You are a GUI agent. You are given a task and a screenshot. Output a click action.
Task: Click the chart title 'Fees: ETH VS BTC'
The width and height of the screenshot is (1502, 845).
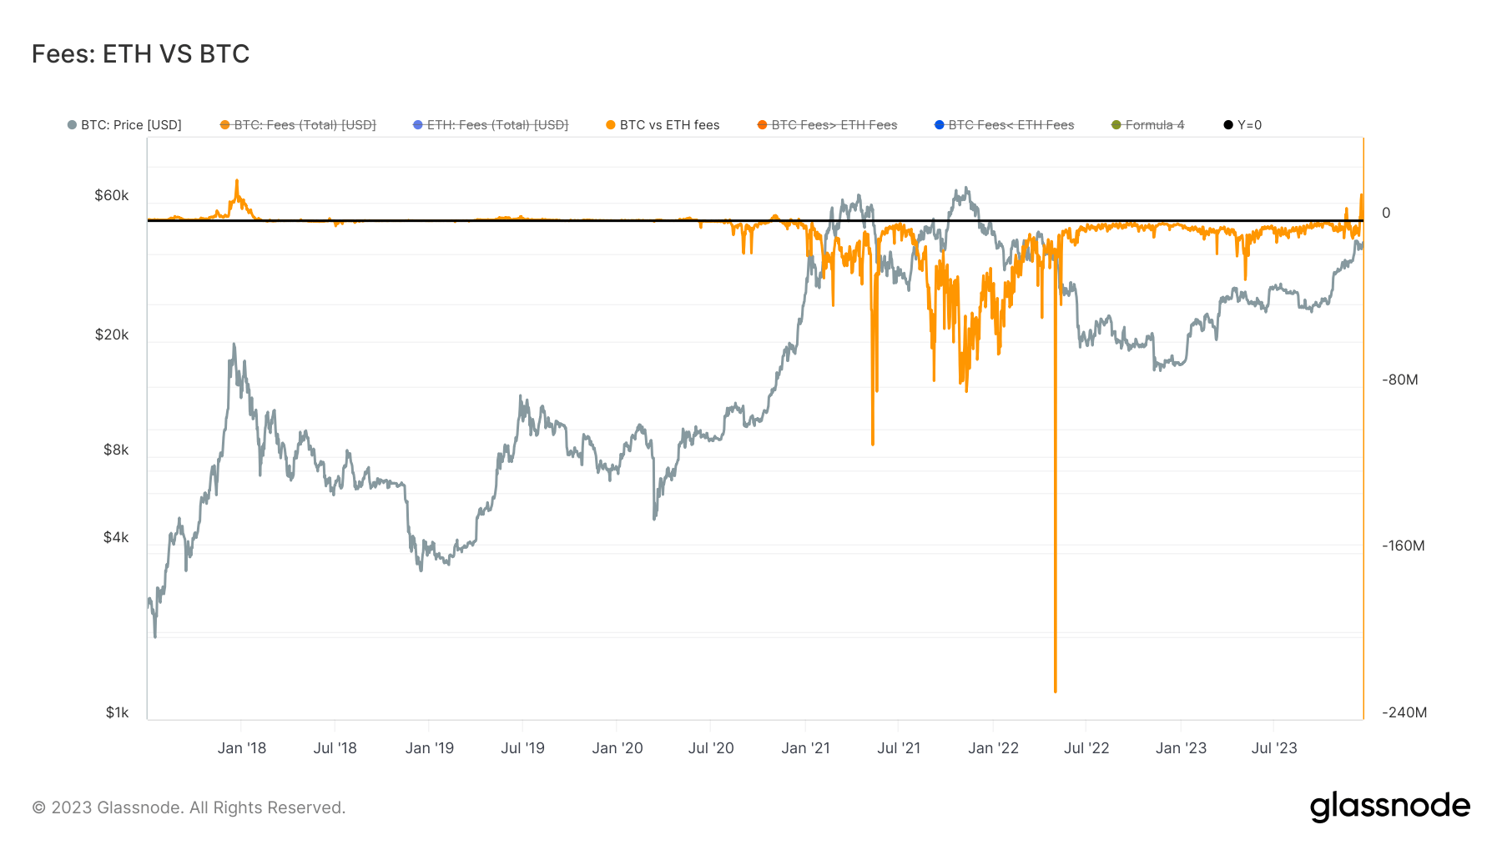coord(140,54)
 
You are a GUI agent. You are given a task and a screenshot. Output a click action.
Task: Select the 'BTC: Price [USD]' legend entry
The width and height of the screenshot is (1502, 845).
coord(124,125)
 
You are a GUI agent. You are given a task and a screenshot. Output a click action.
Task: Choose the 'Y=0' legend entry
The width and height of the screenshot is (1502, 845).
coord(1242,125)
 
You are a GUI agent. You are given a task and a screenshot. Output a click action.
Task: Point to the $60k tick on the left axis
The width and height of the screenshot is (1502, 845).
coord(112,195)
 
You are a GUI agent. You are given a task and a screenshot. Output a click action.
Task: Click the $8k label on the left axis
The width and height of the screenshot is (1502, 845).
coord(116,450)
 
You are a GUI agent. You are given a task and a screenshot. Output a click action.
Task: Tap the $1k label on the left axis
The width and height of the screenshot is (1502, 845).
coord(117,712)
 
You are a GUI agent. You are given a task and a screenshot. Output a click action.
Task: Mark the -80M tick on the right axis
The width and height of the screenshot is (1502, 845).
coord(1399,380)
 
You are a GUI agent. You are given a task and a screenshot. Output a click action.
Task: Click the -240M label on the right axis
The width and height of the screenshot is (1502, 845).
coord(1404,712)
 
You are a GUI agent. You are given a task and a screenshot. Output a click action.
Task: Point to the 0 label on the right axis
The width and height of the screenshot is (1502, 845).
coord(1386,213)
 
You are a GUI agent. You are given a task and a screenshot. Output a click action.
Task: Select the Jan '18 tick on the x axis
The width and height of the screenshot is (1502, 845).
coord(241,748)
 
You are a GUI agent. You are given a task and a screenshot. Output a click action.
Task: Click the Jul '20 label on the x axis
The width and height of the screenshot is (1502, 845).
coord(711,748)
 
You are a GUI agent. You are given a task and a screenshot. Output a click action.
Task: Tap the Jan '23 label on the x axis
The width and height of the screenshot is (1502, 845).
coord(1181,748)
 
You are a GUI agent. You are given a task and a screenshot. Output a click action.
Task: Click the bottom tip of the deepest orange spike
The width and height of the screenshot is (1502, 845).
coord(1056,692)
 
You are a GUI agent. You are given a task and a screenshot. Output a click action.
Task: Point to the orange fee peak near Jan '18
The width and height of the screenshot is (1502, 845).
coord(237,181)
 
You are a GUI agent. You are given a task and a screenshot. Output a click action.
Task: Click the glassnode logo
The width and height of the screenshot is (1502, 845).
coord(1389,807)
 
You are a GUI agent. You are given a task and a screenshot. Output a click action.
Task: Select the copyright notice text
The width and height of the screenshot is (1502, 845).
coord(189,807)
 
